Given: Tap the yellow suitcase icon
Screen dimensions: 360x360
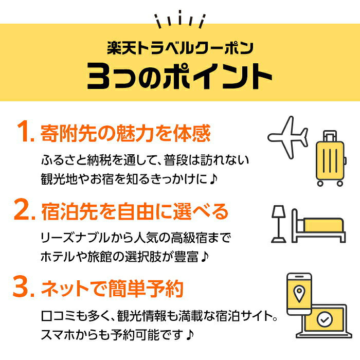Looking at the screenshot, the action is pos(331,158).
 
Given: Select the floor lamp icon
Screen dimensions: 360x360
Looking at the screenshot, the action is pos(279,224).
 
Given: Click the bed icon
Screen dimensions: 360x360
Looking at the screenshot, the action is pos(318,226).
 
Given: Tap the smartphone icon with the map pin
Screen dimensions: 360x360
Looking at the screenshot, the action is pos(299,294).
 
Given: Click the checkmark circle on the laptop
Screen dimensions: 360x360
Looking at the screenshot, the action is pos(325,319).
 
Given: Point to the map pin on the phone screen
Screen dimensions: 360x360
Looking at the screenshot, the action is pos(299,294).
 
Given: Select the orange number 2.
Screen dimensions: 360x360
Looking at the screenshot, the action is pos(25,209).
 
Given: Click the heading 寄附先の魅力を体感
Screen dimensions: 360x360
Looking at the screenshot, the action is pos(125,133).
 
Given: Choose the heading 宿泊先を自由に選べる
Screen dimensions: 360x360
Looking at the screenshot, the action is pos(135,211).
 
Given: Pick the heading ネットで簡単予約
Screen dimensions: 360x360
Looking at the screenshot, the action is pos(112,289).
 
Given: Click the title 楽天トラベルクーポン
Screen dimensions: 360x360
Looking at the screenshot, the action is pos(180,48).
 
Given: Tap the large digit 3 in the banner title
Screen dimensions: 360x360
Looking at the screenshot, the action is pos(99,76).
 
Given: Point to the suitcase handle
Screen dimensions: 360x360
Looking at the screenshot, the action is pos(330,136).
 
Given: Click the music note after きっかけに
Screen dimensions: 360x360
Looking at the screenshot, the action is pos(213,179).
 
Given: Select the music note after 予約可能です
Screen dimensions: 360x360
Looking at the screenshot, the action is pos(190,335).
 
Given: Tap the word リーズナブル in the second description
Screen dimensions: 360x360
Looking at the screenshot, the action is pos(76,238).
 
